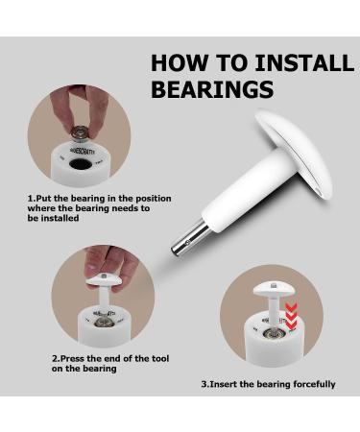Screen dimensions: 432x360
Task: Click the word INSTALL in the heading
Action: (306, 63)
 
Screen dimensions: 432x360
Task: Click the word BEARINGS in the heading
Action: (212, 89)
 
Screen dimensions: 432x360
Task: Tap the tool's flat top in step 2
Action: (103, 280)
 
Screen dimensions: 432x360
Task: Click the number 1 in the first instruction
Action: (30, 199)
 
